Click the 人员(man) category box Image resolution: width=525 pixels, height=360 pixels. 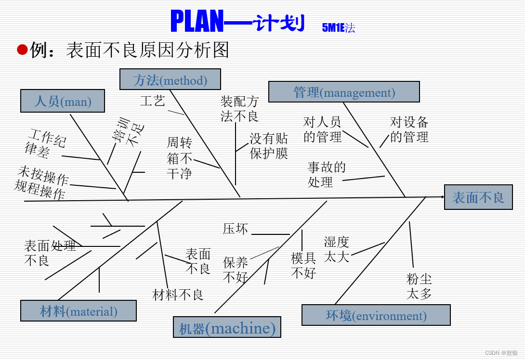click(63, 101)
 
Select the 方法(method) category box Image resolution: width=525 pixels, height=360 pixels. click(170, 79)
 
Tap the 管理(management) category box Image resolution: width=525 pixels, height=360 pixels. click(344, 92)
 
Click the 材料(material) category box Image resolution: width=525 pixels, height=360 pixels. click(79, 311)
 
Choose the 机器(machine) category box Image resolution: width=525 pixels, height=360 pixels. click(227, 328)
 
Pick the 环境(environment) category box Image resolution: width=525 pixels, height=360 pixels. click(376, 315)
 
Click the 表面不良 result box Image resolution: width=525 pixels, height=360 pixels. click(478, 197)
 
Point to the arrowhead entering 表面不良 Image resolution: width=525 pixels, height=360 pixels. click(441, 196)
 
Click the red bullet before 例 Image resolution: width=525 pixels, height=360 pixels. click(22, 50)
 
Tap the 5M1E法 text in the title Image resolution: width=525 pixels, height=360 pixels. click(338, 28)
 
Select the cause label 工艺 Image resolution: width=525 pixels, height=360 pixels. click(152, 101)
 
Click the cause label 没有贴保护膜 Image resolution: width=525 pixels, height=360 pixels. click(269, 146)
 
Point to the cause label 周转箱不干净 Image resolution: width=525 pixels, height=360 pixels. click(180, 158)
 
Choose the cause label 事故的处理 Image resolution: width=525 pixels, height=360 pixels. click(327, 175)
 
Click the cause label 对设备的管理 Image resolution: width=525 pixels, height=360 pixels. click(409, 129)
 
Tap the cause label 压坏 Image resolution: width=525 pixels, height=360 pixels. click(236, 229)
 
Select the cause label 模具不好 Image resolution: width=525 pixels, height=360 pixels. click(303, 265)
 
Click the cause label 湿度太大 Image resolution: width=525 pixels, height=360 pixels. click(336, 249)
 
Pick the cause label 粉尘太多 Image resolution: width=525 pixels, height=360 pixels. click(419, 286)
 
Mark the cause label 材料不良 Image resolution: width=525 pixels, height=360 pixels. click(178, 295)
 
